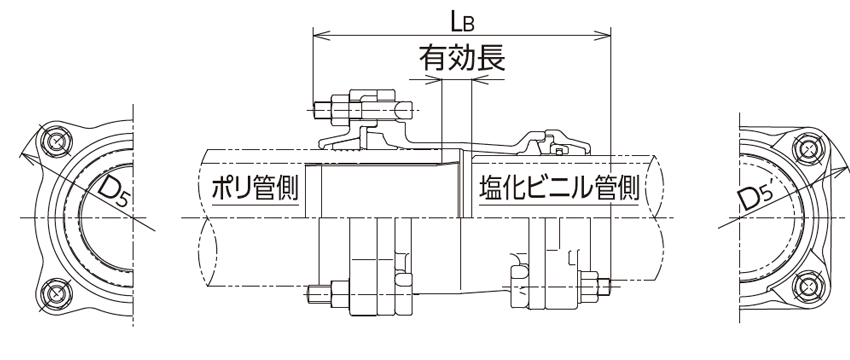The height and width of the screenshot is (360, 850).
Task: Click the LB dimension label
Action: click(x=463, y=21)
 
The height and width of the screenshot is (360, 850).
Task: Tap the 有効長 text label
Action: click(x=461, y=59)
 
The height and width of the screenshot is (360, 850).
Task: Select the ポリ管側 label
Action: click(x=255, y=187)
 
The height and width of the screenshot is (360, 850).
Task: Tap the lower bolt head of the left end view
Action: click(x=54, y=294)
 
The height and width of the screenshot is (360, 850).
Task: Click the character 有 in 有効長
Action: click(x=433, y=59)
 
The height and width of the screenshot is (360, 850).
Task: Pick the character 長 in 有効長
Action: click(x=490, y=59)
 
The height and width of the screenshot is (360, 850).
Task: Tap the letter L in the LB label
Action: click(x=456, y=21)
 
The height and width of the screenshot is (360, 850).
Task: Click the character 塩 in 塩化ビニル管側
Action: click(x=491, y=187)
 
